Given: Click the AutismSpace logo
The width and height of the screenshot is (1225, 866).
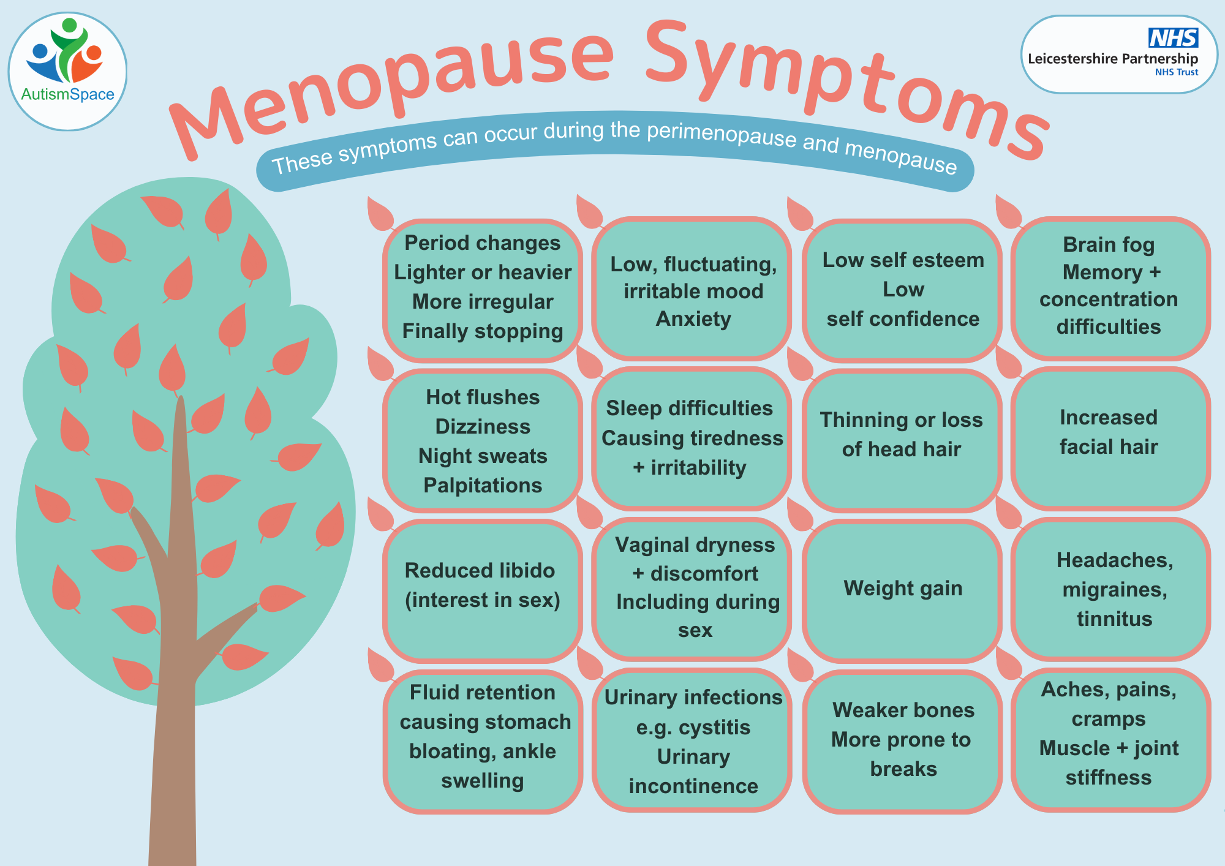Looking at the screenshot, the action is (x=67, y=72).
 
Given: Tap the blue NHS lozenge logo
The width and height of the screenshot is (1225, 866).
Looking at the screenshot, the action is (x=1173, y=38).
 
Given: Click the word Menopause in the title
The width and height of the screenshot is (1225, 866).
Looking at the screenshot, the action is (x=392, y=86).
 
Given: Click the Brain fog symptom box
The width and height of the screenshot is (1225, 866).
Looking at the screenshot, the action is (x=1110, y=288).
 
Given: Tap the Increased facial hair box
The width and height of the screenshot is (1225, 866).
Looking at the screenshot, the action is (x=1110, y=439).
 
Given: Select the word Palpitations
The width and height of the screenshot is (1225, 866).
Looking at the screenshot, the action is (x=483, y=486).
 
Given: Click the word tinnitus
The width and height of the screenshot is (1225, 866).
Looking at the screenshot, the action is (x=1114, y=619).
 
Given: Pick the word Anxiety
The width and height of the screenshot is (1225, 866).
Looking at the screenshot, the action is (x=693, y=319).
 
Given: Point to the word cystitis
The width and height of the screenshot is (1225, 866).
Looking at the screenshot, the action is (x=715, y=728).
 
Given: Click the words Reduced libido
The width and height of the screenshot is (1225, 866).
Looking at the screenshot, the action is (x=480, y=570).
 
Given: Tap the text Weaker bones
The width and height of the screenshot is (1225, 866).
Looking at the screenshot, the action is (x=903, y=710).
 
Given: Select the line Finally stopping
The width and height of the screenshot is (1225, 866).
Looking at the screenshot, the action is (x=483, y=331).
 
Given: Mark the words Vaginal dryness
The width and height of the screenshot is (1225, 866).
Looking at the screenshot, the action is (x=695, y=545).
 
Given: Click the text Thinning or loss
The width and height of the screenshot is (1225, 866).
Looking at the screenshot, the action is (x=902, y=420).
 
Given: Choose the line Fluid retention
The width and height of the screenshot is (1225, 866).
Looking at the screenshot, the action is (x=483, y=692).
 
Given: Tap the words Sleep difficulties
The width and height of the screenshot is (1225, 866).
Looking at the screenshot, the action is (x=690, y=408).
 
